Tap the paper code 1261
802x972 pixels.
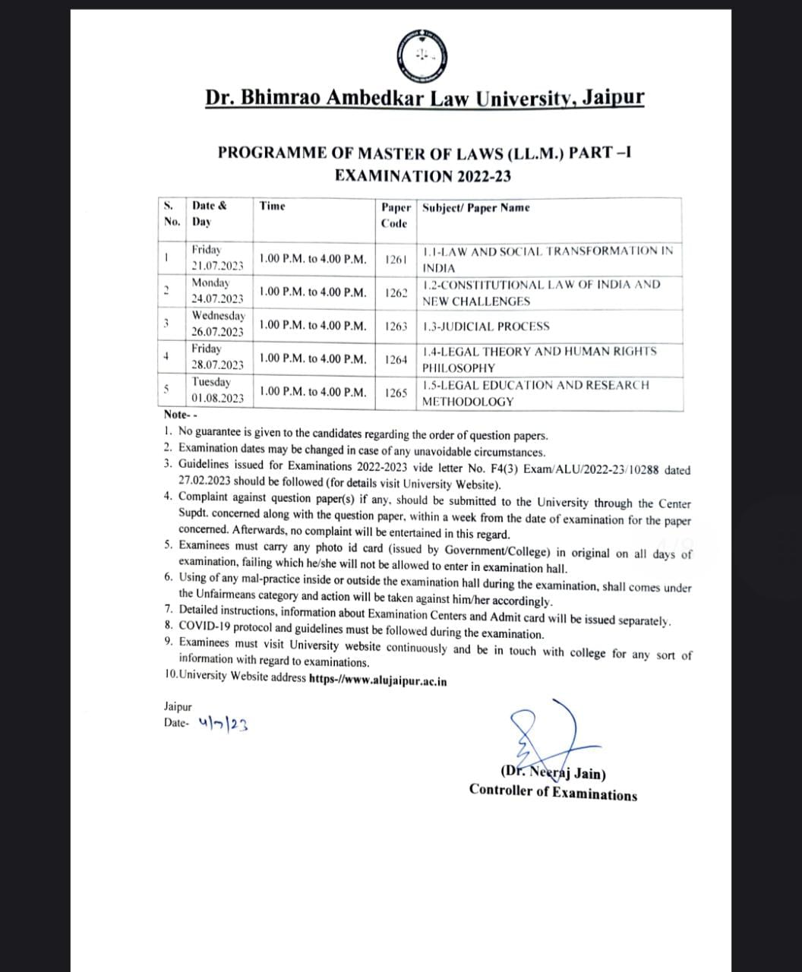[x=396, y=259]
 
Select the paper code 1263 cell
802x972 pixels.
[x=396, y=326]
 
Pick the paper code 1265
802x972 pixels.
[x=396, y=393]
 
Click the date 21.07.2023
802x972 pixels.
[x=217, y=266]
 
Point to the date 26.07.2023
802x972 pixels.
[x=217, y=332]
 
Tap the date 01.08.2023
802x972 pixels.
[x=217, y=398]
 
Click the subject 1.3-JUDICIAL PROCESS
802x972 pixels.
[x=486, y=327]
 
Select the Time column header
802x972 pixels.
[x=273, y=206]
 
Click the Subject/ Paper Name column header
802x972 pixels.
[x=476, y=207]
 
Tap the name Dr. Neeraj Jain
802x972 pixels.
[x=553, y=774]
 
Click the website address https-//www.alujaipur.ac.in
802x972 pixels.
[x=378, y=680]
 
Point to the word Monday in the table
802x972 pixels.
[x=210, y=282]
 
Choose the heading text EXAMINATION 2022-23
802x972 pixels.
[x=423, y=176]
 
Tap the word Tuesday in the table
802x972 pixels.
[x=211, y=382]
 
